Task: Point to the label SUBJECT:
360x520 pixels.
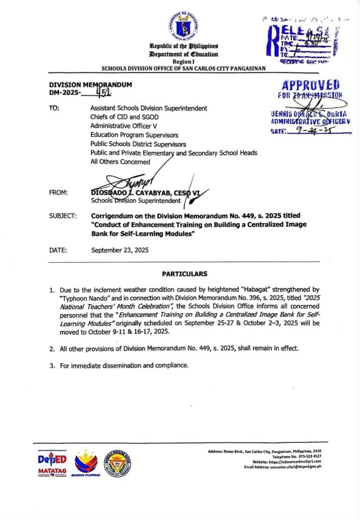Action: [x=63, y=215]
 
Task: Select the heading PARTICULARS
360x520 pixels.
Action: [x=184, y=274]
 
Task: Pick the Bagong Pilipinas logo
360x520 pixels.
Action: [x=86, y=463]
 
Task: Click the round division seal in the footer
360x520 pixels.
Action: [x=117, y=463]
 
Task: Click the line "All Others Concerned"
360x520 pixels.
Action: [x=120, y=161]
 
